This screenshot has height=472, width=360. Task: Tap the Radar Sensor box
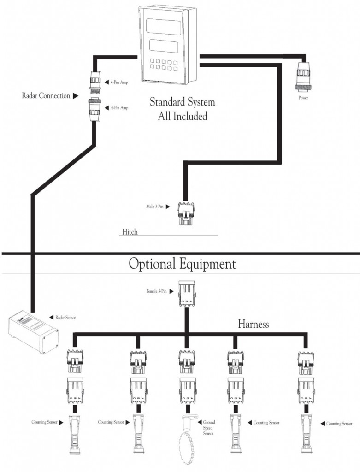[34, 332]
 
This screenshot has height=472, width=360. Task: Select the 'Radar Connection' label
[46, 96]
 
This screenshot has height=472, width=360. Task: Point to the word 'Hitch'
[130, 231]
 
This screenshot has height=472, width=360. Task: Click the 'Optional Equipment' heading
[182, 264]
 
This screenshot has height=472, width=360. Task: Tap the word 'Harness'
[253, 324]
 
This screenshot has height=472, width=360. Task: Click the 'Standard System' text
[183, 102]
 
